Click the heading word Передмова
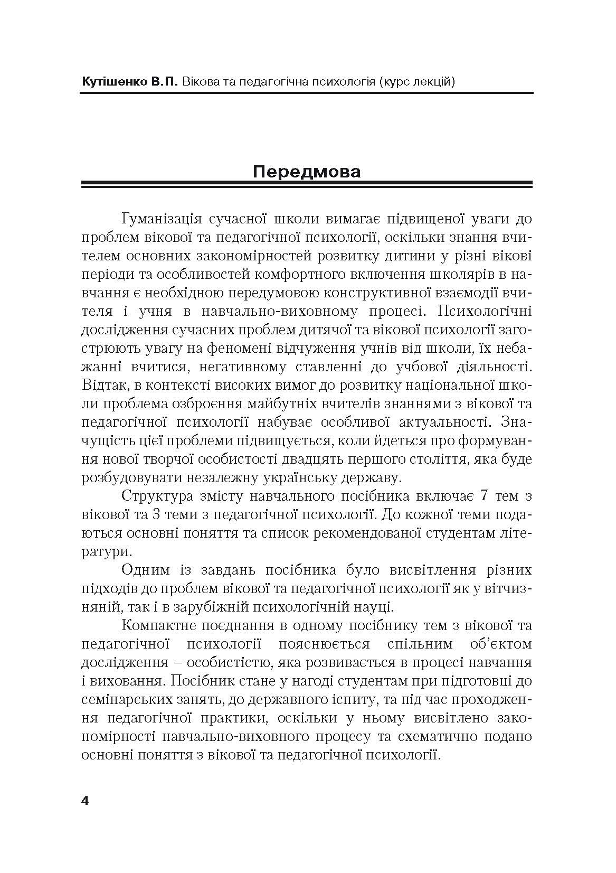[x=307, y=172]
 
